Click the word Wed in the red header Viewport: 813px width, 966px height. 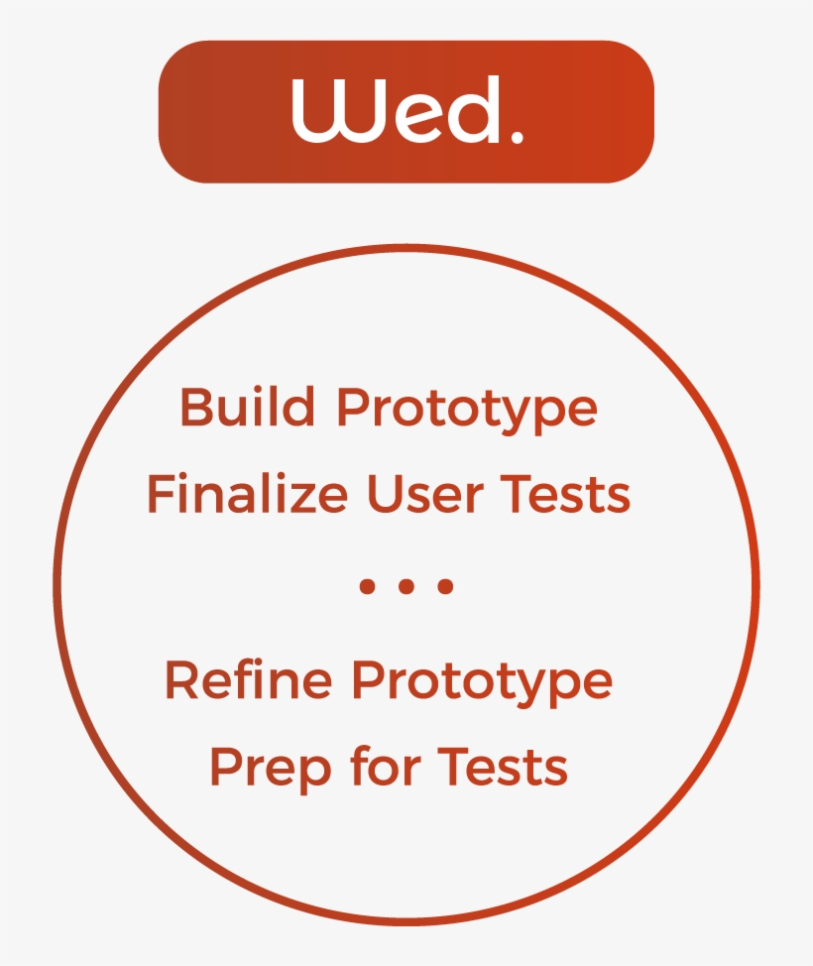click(x=398, y=110)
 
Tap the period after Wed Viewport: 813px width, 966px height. click(x=517, y=137)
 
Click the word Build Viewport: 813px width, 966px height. click(x=248, y=407)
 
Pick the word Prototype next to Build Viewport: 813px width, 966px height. click(x=467, y=412)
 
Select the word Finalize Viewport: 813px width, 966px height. click(x=247, y=493)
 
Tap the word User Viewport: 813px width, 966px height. click(x=424, y=494)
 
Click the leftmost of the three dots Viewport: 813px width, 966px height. click(x=367, y=586)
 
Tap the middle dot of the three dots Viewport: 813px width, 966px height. click(x=406, y=586)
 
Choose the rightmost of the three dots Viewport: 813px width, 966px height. click(x=445, y=586)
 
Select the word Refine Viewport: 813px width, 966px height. click(x=249, y=679)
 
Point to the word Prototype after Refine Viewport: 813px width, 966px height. click(x=482, y=684)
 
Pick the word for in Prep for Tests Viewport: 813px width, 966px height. click(x=385, y=765)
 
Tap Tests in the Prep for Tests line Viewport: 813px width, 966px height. click(x=504, y=767)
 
